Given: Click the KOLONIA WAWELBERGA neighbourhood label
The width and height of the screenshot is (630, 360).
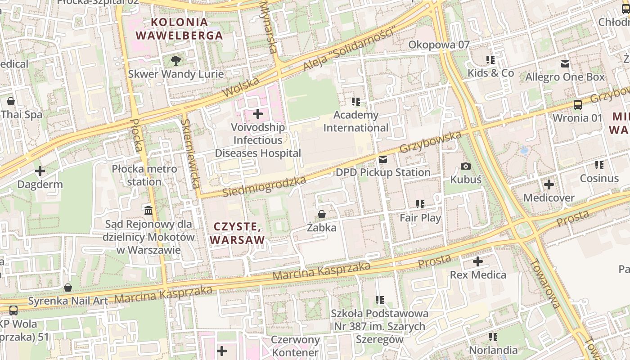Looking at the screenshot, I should click(179, 29).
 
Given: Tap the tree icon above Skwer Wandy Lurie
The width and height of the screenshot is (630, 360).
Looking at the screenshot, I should click(176, 60).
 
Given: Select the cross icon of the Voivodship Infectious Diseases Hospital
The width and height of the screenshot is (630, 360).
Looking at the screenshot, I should click(258, 114).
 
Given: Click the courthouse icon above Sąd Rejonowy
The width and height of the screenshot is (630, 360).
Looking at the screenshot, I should click(148, 210).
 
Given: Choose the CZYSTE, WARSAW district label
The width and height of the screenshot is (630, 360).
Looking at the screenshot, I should click(237, 233).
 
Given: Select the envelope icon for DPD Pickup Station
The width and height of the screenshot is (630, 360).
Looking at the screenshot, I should click(383, 159).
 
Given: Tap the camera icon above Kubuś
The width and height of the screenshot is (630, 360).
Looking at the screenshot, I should click(466, 166).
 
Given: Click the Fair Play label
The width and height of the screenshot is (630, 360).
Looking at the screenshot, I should click(420, 218).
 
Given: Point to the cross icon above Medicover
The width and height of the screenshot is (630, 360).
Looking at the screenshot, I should click(549, 184).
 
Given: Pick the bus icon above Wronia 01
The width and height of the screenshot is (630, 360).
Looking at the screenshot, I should click(577, 105).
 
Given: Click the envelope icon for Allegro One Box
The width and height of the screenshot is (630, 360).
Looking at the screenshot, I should click(565, 64).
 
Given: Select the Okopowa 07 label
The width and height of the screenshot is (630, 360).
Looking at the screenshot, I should click(439, 45).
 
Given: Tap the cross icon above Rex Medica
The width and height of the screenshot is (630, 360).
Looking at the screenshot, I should click(478, 261).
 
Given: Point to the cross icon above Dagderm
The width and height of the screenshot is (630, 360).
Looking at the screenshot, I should click(40, 171).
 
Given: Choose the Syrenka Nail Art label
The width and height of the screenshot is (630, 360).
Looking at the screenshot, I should click(68, 301).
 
